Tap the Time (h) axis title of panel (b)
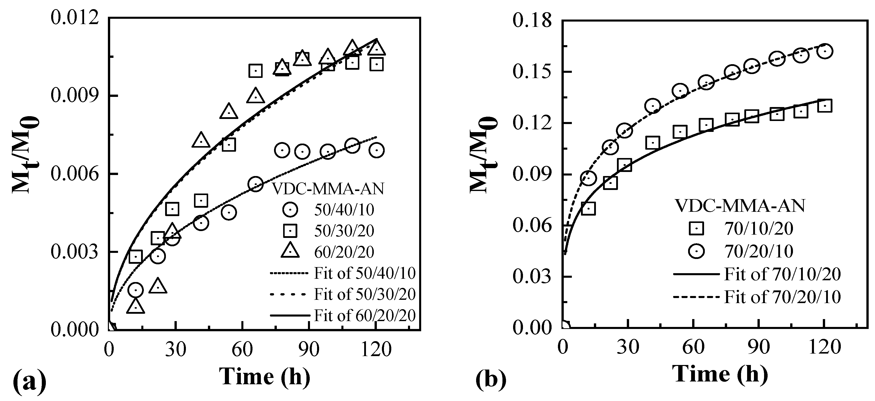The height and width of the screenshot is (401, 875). tap(720, 374)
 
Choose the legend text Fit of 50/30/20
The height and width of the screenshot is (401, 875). tap(364, 294)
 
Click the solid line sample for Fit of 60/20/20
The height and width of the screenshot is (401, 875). tap(290, 315)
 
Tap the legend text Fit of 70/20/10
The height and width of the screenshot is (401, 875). tap(782, 297)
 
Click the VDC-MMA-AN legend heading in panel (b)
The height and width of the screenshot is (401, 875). tap(740, 206)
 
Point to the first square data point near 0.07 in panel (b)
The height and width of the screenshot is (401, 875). tap(588, 208)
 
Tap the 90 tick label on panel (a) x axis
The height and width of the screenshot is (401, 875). tap(309, 349)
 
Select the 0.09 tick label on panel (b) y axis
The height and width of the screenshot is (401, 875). tap(532, 175)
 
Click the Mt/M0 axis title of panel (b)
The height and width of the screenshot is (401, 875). tap(483, 155)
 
